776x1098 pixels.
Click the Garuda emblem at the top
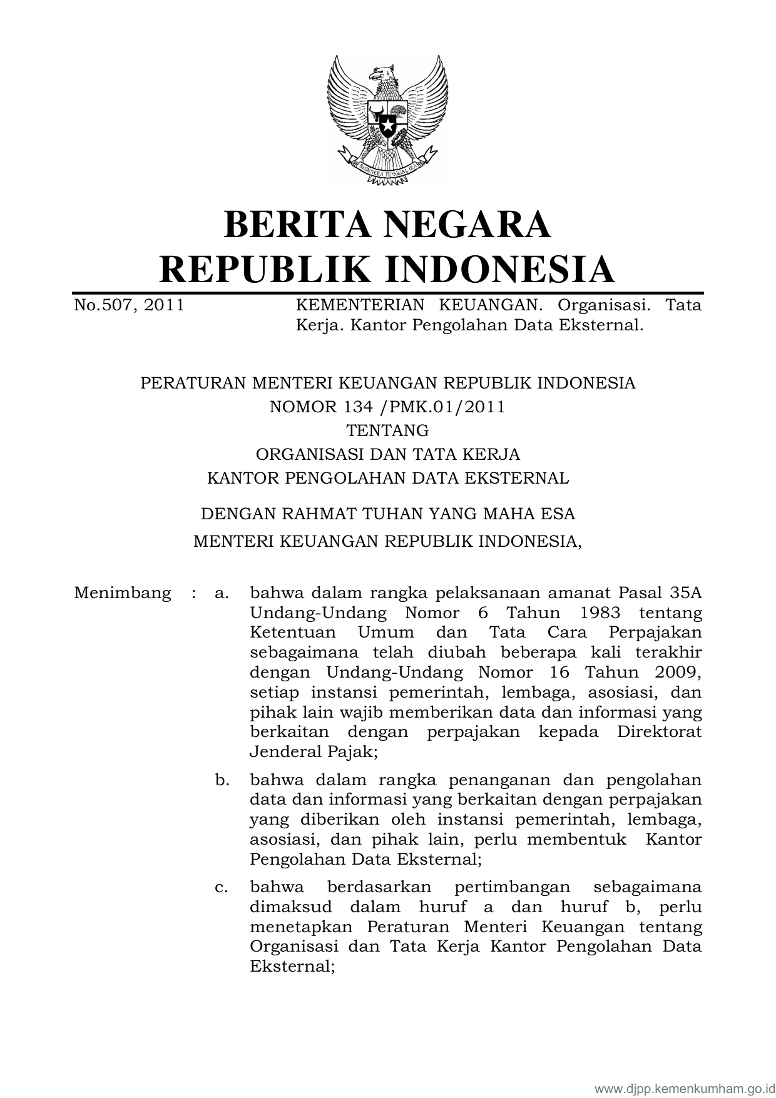click(x=387, y=119)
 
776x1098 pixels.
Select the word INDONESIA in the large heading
click(x=499, y=269)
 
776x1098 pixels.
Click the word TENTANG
click(x=387, y=430)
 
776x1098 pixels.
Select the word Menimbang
click(x=122, y=593)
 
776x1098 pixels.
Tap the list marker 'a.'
click(x=222, y=593)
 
